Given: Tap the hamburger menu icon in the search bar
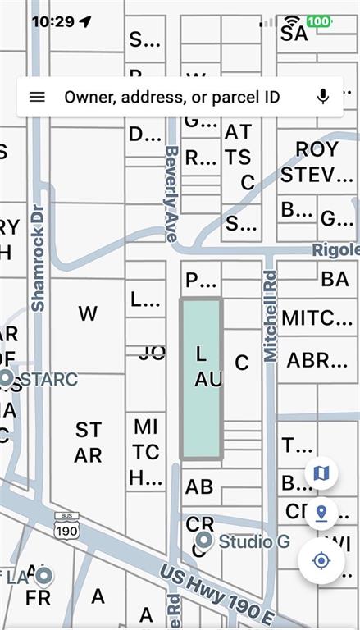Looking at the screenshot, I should coord(37,97).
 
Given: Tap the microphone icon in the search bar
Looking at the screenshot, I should coord(323,97).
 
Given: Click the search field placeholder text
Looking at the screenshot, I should coord(172,97).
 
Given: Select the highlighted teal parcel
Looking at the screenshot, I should coord(201,378).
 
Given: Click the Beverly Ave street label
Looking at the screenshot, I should coord(171,193).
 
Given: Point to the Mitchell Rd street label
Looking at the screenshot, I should coord(270,317).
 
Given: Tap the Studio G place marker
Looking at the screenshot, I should coord(204,541).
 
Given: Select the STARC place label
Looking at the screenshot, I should coord(48,379).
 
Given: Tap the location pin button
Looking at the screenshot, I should coord(321,514).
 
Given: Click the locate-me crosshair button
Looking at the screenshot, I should coord(321,561).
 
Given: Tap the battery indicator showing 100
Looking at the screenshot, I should coord(319,21).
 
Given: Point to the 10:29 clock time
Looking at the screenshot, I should coord(53,21).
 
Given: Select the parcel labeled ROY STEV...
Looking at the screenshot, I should coord(317,162).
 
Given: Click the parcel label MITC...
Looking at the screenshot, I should coord(317,317).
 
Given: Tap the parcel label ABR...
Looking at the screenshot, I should coord(317,359).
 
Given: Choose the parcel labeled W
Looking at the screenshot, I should coord(88,313).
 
